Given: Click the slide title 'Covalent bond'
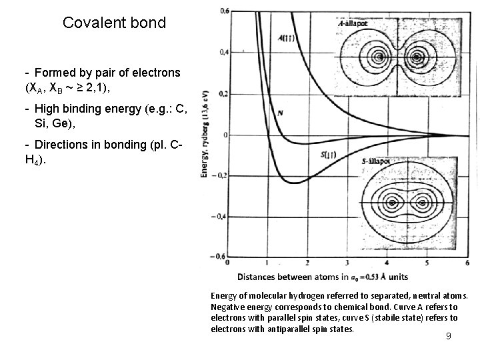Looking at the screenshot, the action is pyautogui.click(x=114, y=23).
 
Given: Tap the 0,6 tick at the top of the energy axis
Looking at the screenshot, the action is pyautogui.click(x=225, y=11).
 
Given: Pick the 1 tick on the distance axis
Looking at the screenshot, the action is pyautogui.click(x=266, y=263).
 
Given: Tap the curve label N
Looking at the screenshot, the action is pyautogui.click(x=281, y=113).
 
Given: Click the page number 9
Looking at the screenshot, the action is pyautogui.click(x=449, y=336).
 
